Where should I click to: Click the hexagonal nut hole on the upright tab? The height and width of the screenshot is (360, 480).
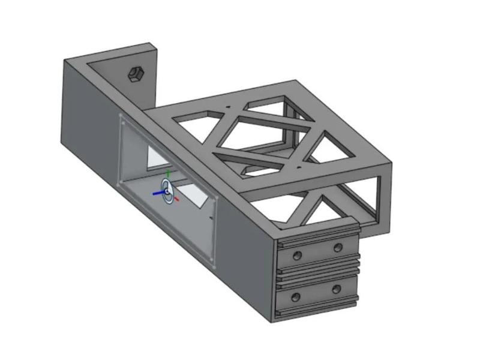pyautogui.click(x=136, y=74)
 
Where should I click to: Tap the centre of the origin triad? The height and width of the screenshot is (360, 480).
pyautogui.click(x=167, y=192)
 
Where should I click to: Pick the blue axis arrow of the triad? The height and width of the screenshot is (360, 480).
pyautogui.click(x=157, y=193)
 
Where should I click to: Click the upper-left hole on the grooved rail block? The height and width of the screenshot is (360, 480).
pyautogui.click(x=297, y=256)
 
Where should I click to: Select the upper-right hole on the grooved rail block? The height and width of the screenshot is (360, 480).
pyautogui.click(x=338, y=248)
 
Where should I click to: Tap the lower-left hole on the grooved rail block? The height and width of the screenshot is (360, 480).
pyautogui.click(x=295, y=298)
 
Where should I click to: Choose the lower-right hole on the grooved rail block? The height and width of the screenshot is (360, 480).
pyautogui.click(x=337, y=289)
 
